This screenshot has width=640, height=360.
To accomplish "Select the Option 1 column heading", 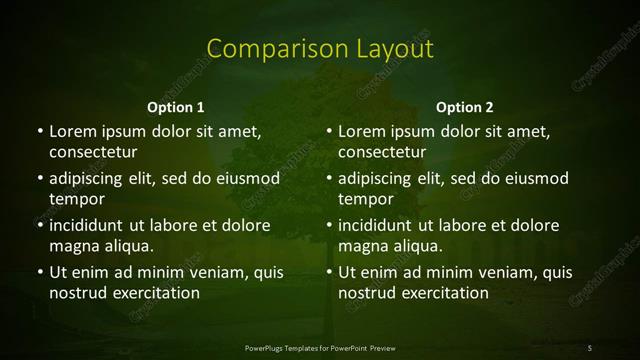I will tap(175, 106).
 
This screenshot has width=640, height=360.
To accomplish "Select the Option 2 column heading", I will tap(465, 106).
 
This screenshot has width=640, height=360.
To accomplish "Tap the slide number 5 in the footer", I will tap(590, 347).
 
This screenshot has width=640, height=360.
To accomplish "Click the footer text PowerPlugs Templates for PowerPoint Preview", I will tap(320, 347).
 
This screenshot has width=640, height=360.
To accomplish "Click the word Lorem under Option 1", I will tap(71, 131).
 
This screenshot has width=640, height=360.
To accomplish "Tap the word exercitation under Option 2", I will tap(447, 293).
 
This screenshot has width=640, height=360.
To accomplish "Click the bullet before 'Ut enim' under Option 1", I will tap(39, 272).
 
